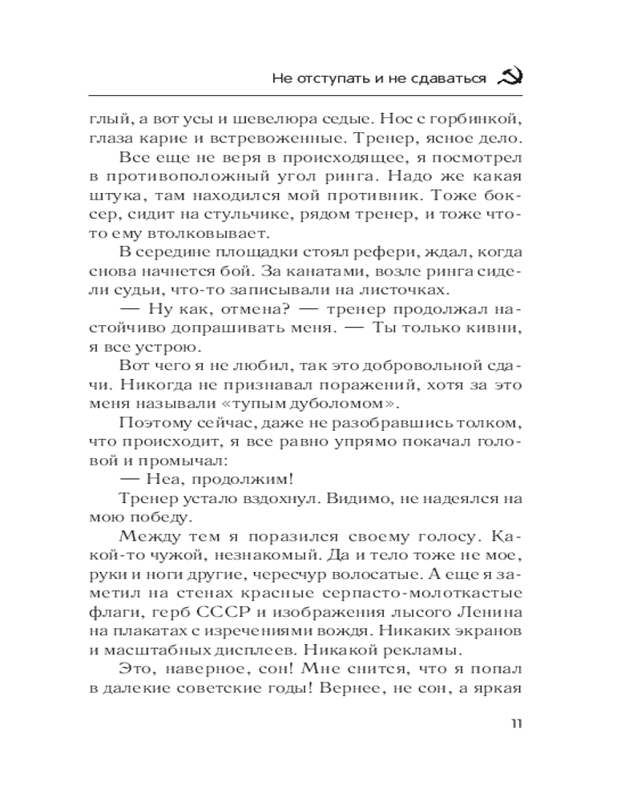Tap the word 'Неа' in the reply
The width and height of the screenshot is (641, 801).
[165, 478]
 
